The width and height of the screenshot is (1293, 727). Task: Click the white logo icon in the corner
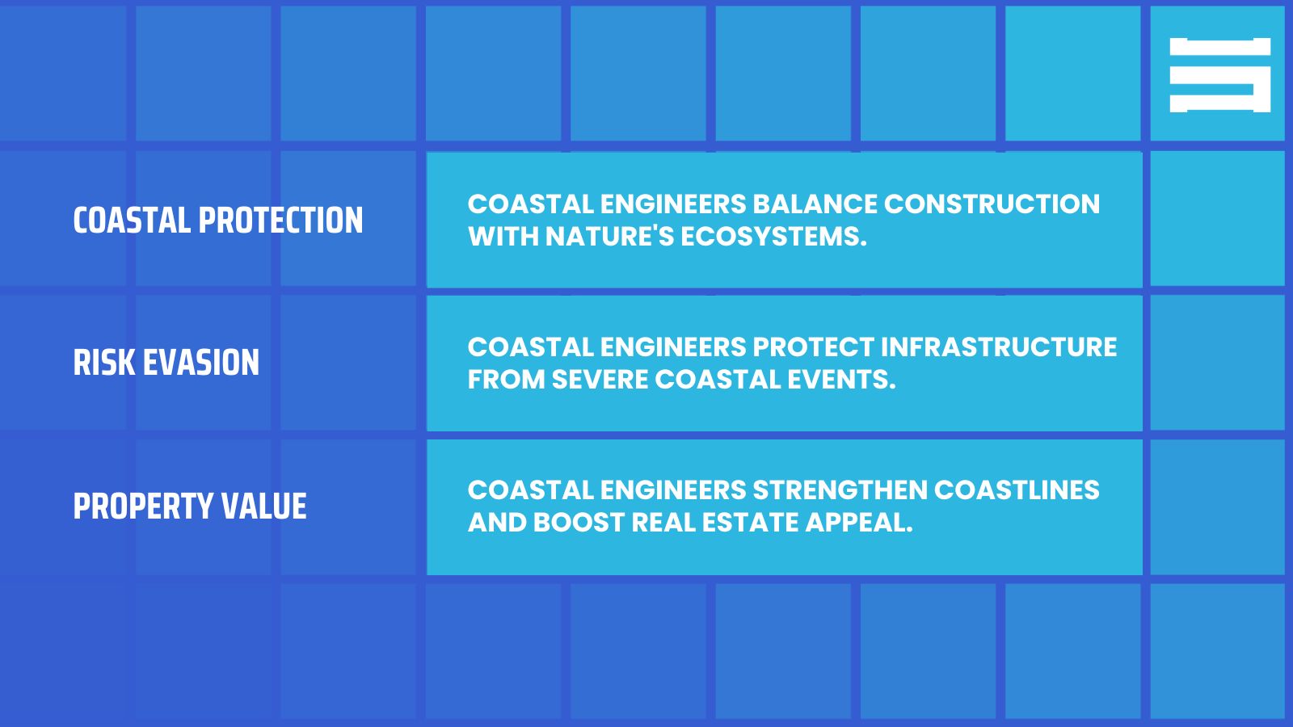(x=1219, y=74)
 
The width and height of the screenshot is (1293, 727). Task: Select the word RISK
(x=104, y=363)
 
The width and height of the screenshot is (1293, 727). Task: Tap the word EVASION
(x=201, y=363)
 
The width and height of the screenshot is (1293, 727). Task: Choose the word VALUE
(x=264, y=506)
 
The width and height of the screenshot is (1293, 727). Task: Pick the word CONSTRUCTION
(x=992, y=204)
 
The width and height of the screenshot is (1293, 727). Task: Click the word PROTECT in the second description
(x=812, y=347)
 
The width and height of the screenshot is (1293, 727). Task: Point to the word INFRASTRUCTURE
(x=998, y=347)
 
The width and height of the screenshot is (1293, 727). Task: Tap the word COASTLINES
(x=1017, y=490)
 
